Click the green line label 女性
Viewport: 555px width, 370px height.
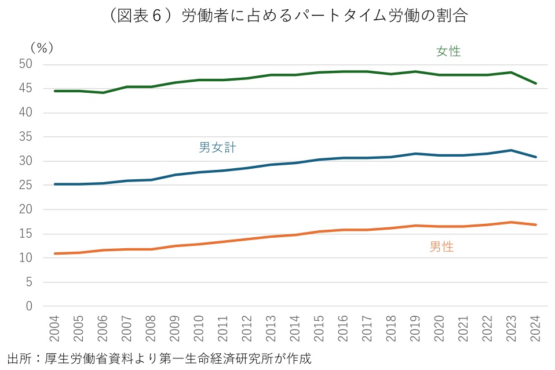(448, 52)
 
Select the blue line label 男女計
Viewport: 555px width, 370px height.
(217, 148)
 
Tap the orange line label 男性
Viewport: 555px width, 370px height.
(441, 247)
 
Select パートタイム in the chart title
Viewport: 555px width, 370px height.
(348, 16)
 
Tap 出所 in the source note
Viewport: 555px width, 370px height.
(17, 358)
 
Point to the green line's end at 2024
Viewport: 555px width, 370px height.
(535, 84)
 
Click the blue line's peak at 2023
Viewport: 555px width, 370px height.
(511, 150)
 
